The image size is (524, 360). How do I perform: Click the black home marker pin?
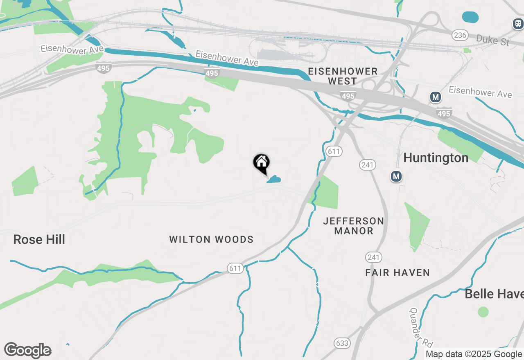point(261,163)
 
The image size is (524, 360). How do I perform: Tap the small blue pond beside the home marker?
point(274,179)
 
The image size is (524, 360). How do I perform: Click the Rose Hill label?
point(39,239)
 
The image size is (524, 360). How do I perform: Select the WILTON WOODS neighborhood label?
point(211,239)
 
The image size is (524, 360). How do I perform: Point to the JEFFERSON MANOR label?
point(354,226)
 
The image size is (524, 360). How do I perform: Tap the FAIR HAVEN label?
point(398,272)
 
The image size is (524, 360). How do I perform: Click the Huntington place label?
point(436,157)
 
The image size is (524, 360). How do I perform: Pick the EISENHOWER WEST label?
point(343,76)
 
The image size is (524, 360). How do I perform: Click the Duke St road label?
point(493,40)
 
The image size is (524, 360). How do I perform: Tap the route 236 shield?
point(460,35)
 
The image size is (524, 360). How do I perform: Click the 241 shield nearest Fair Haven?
point(373,257)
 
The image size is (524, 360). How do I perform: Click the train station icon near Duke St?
point(518,24)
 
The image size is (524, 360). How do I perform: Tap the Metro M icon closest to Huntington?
point(396,176)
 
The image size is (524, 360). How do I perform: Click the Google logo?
point(28,350)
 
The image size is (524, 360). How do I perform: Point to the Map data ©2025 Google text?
point(474,354)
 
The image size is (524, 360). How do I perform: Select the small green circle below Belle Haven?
point(483,312)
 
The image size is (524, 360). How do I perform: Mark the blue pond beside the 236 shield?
point(470,17)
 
